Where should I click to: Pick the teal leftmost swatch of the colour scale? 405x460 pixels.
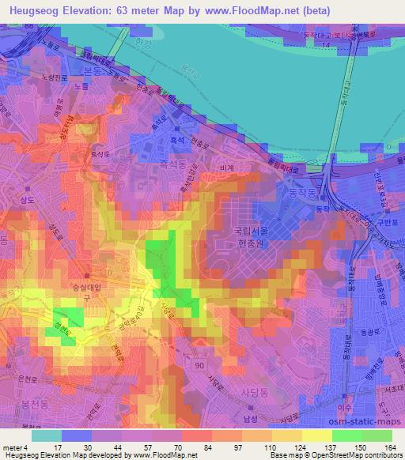46,435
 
